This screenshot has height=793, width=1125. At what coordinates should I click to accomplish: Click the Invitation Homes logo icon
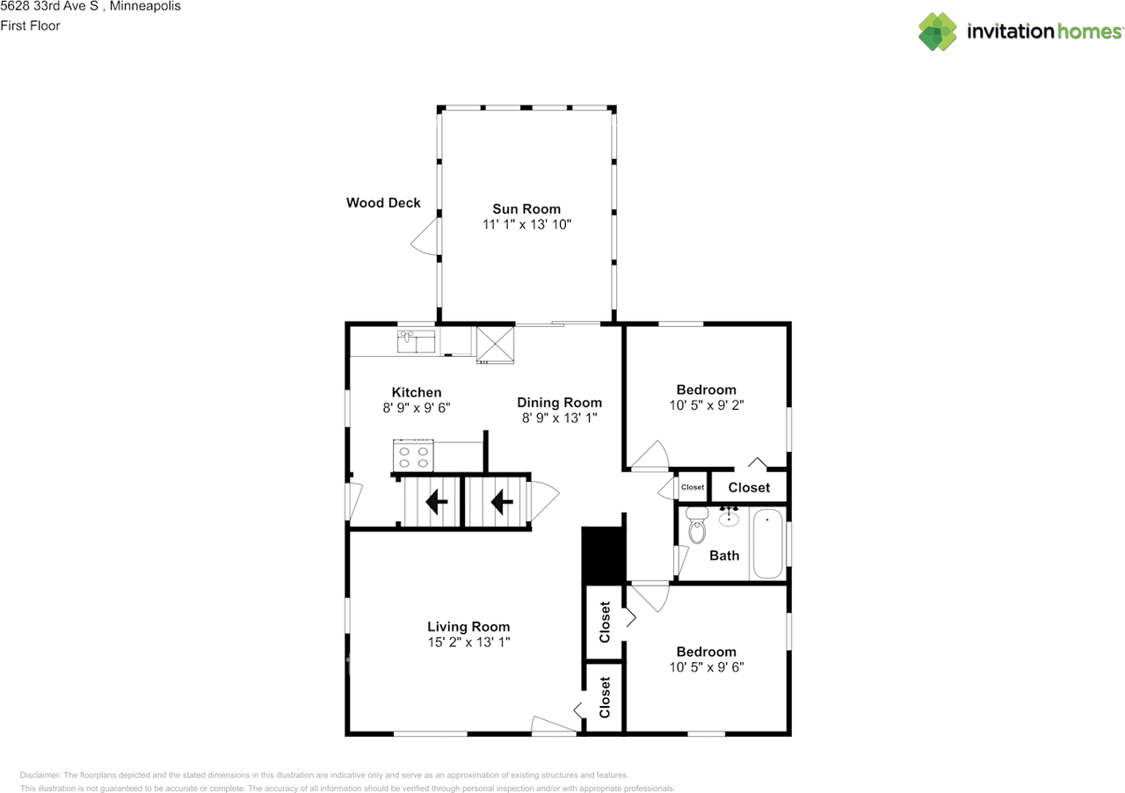938,32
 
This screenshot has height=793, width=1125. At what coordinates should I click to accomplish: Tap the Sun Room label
526,209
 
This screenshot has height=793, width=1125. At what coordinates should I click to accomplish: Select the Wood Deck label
383,203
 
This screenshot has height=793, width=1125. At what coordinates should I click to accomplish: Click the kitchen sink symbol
417,341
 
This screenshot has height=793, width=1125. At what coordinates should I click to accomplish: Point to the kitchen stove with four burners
414,455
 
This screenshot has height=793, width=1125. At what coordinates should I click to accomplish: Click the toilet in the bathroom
698,527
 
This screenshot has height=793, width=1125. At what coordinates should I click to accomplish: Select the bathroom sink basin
729,519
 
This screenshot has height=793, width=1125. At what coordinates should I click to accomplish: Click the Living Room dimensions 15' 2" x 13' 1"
468,643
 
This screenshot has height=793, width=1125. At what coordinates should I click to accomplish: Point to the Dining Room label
559,403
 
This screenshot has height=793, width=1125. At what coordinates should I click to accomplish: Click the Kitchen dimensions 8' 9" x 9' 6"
417,408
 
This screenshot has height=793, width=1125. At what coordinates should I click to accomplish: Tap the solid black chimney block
603,555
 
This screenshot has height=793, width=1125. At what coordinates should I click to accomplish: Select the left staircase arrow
434,502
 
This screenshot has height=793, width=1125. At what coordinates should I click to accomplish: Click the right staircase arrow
501,502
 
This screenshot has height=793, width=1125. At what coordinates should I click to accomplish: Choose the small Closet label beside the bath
693,487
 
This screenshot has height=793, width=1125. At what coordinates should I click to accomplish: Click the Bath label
724,556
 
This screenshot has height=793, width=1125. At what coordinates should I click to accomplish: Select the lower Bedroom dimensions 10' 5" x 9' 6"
706,667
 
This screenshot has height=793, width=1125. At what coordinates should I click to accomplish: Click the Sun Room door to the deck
425,238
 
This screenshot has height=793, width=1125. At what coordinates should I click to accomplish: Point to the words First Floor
30,26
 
